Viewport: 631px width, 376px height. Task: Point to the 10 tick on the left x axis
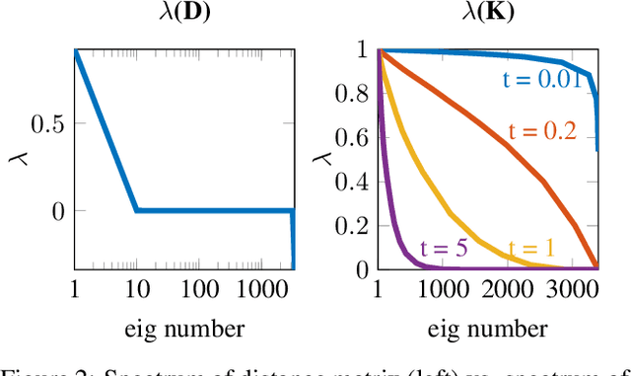pos(136,289)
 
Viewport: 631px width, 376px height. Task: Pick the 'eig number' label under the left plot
pos(183,329)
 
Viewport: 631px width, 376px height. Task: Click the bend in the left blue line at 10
pos(137,210)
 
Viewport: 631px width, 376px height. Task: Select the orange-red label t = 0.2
pos(542,131)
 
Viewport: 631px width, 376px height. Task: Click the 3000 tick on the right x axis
pos(571,289)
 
